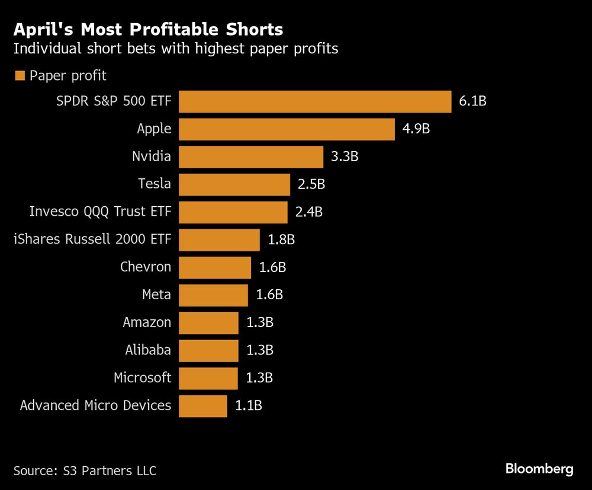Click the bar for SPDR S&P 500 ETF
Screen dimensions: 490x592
pos(315,101)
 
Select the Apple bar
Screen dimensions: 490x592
pos(287,129)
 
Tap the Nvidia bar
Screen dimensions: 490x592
pos(251,157)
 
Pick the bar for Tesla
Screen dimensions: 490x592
pos(234,184)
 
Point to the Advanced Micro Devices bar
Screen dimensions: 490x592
pos(203,406)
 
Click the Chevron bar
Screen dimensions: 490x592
pos(215,267)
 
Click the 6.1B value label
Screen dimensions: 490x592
pos(472,101)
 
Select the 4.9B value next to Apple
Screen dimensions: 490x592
pos(416,129)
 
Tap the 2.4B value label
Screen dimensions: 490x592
pos(308,212)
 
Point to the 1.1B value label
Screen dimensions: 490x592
pos(248,406)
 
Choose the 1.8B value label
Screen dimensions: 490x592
pos(281,240)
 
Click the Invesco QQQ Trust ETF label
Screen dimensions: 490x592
pos(100,212)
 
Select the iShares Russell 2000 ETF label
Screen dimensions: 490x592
pos(92,240)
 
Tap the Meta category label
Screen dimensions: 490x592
pos(156,295)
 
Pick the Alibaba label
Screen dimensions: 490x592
pos(148,350)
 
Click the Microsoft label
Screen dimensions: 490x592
pos(142,378)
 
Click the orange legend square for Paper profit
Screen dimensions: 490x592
pos(20,75)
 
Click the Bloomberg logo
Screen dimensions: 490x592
pos(539,469)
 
